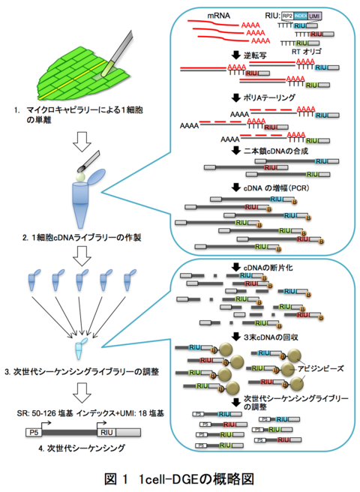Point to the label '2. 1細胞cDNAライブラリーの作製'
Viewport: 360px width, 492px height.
pos(81,236)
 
